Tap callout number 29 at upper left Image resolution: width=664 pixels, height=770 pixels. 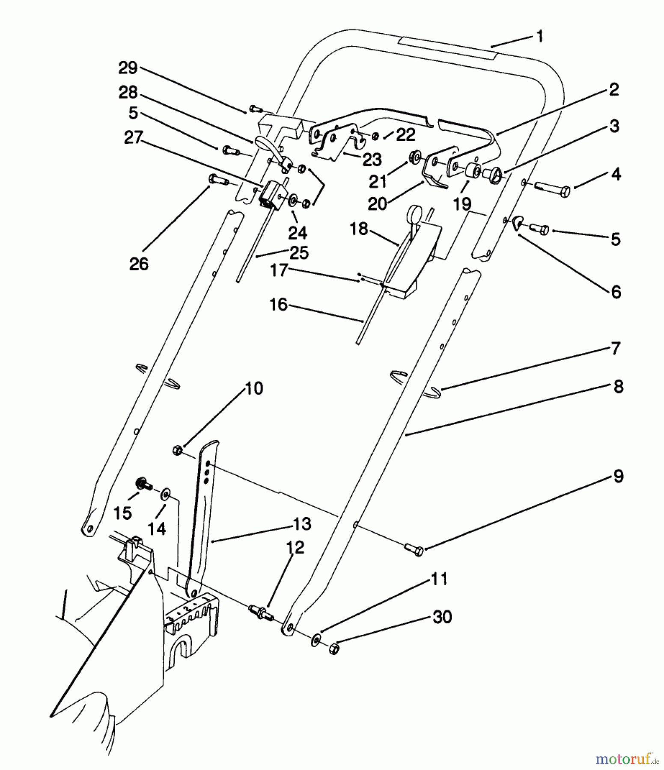(128, 68)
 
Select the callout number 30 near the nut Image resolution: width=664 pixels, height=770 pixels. (443, 617)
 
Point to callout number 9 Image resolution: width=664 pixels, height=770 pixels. (617, 476)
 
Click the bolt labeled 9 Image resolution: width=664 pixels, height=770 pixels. (414, 549)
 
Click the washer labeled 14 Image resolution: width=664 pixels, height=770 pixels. (165, 495)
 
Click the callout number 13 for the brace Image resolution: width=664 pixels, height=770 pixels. (302, 524)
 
